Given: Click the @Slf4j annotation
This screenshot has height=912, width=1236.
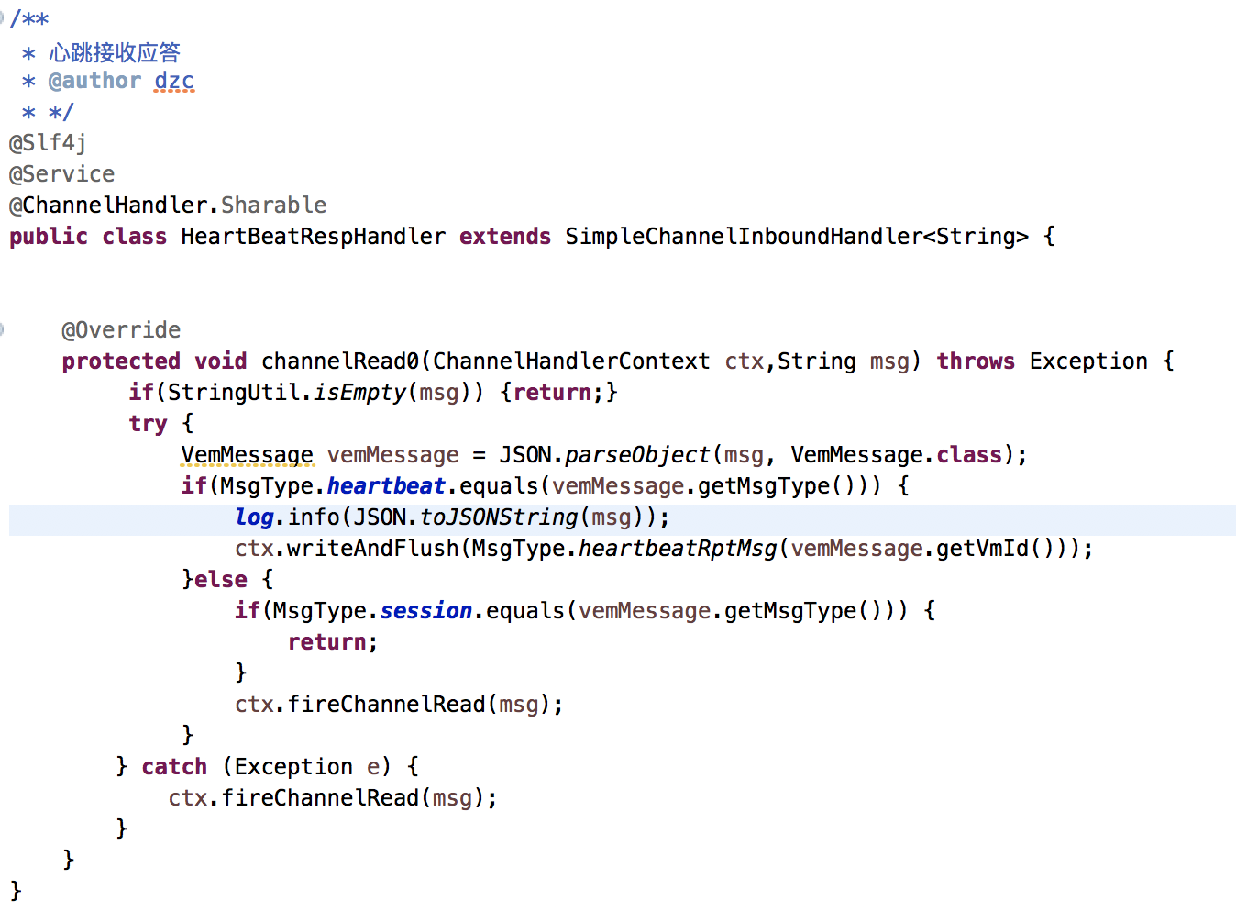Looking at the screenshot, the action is [48, 143].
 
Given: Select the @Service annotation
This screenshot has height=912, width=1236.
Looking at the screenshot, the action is [61, 174].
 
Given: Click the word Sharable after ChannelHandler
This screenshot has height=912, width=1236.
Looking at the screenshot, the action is [273, 206].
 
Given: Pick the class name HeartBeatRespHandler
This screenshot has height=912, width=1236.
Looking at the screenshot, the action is [313, 237].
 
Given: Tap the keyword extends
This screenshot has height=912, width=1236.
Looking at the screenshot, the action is [504, 237].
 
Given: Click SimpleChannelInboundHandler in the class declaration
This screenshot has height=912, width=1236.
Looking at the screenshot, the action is [743, 237].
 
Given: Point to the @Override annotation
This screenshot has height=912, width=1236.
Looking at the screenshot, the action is [121, 330].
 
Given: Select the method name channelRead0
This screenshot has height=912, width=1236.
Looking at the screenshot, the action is [339, 361].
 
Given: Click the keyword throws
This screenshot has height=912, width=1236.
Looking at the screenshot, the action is [975, 361].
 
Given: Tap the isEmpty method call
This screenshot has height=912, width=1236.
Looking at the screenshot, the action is [359, 393].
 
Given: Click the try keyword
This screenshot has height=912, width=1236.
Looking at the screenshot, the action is [148, 424].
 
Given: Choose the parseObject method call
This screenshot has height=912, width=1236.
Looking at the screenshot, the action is [637, 455].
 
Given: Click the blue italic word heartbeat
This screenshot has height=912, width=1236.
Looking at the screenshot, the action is [386, 486].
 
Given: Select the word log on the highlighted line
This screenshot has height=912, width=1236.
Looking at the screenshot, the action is [254, 517].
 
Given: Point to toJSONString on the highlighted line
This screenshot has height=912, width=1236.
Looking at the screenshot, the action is [499, 517].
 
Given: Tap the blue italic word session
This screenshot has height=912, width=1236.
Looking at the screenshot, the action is [426, 611].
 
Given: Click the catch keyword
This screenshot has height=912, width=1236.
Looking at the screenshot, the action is [174, 767].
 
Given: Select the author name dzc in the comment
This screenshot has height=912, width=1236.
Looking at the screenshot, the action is [174, 81].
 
